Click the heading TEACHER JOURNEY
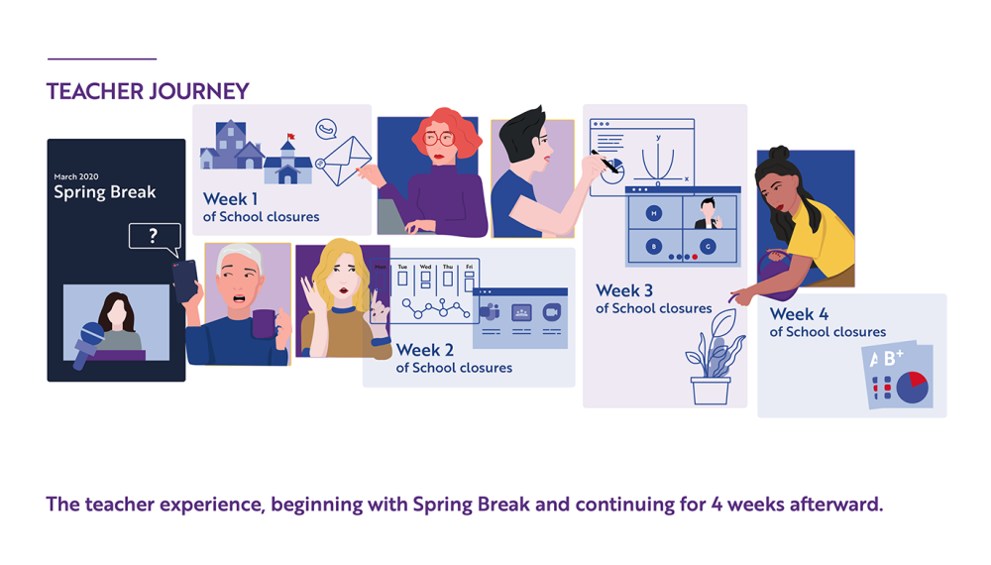coord(148,91)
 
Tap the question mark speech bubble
coord(154,236)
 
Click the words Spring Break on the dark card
coord(105,192)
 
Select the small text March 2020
coord(76,176)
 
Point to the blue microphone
coord(88,343)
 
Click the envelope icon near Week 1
coord(343,160)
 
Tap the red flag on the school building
coord(291,138)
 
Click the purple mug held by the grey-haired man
coord(264,323)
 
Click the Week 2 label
coord(424,350)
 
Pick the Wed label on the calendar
coord(425,268)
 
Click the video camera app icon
coord(552,312)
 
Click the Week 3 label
coord(624,291)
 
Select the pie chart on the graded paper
coord(912,387)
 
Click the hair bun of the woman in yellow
coord(780,156)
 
